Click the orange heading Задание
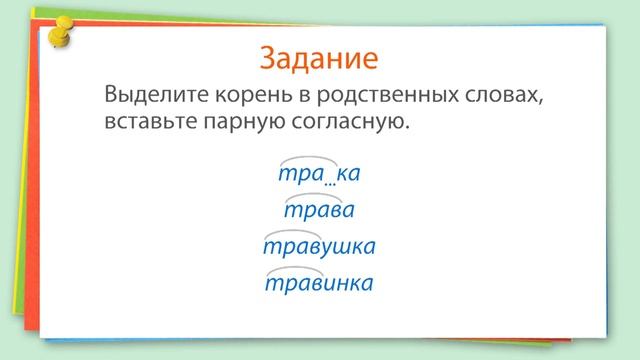319,57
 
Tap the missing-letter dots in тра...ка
330,182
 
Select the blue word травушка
319,246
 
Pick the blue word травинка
319,283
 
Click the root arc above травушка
292,233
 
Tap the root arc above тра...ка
302,159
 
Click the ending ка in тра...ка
348,174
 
